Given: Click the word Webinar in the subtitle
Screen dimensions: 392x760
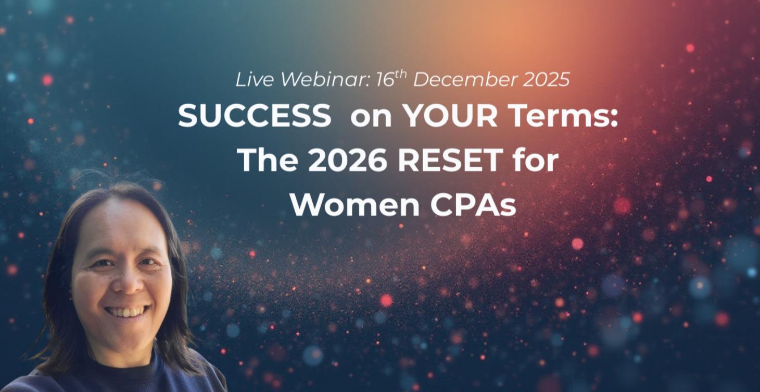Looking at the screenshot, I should click(x=325, y=80).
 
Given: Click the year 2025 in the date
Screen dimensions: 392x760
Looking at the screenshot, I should click(x=546, y=80).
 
